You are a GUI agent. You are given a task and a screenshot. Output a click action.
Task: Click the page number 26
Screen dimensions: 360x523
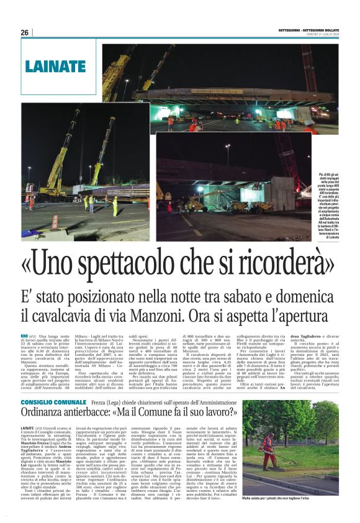25,32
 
